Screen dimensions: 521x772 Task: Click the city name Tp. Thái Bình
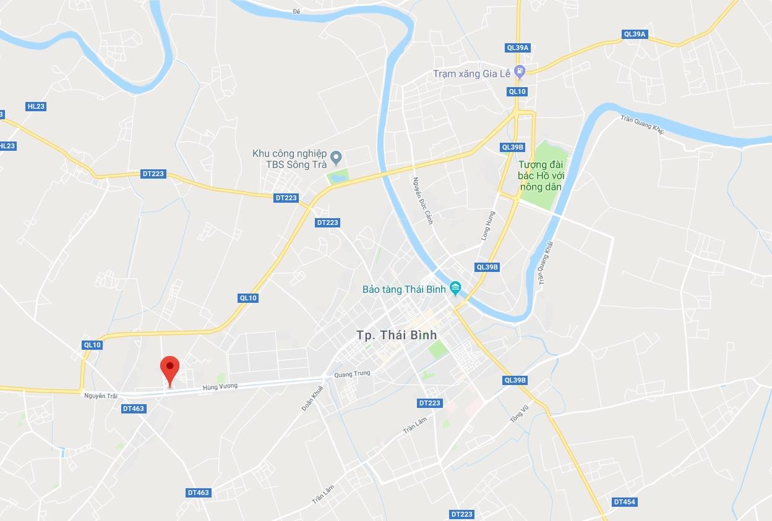(397, 335)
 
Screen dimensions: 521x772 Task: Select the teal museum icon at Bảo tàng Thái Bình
(456, 287)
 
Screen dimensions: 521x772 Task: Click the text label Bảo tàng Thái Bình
(404, 289)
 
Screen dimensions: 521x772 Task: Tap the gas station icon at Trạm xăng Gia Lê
(520, 72)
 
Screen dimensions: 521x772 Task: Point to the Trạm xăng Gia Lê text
(471, 74)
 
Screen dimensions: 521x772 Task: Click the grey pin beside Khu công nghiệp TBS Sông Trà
(337, 157)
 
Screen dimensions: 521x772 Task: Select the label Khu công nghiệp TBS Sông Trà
(289, 159)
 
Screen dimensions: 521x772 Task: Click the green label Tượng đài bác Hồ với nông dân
(541, 175)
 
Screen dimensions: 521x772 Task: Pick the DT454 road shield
(624, 502)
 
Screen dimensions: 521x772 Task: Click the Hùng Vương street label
(220, 387)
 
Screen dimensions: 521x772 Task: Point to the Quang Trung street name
(351, 374)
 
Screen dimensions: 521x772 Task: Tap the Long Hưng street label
(488, 226)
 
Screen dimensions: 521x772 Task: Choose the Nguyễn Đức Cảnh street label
(422, 200)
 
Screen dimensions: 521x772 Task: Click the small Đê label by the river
(296, 11)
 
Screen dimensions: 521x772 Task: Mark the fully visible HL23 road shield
(36, 106)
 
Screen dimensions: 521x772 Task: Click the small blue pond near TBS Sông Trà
(338, 178)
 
